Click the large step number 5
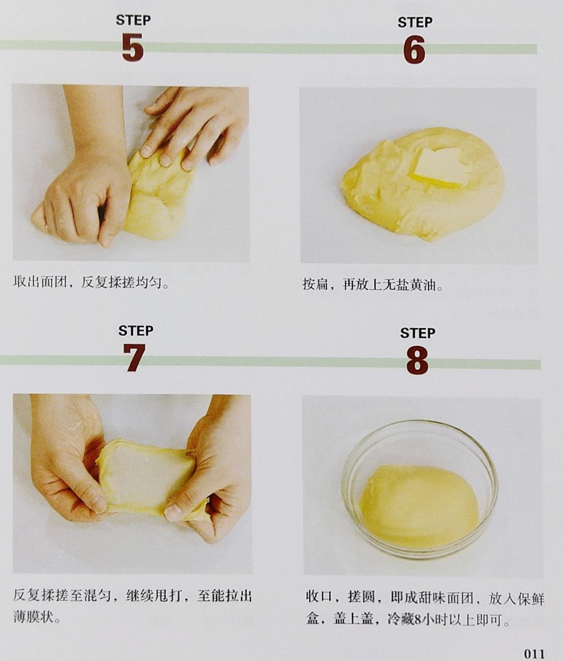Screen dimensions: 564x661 coord(133,47)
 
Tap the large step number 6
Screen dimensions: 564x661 coord(414,50)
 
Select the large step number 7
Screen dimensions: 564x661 coord(134,358)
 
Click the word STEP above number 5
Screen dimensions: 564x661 coord(133,20)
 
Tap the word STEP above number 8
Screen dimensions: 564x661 coord(418,333)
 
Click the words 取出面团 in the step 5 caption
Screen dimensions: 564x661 coord(40,282)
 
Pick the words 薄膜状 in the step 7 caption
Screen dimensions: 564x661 coord(33,623)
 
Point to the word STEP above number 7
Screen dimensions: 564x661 coord(136,331)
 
